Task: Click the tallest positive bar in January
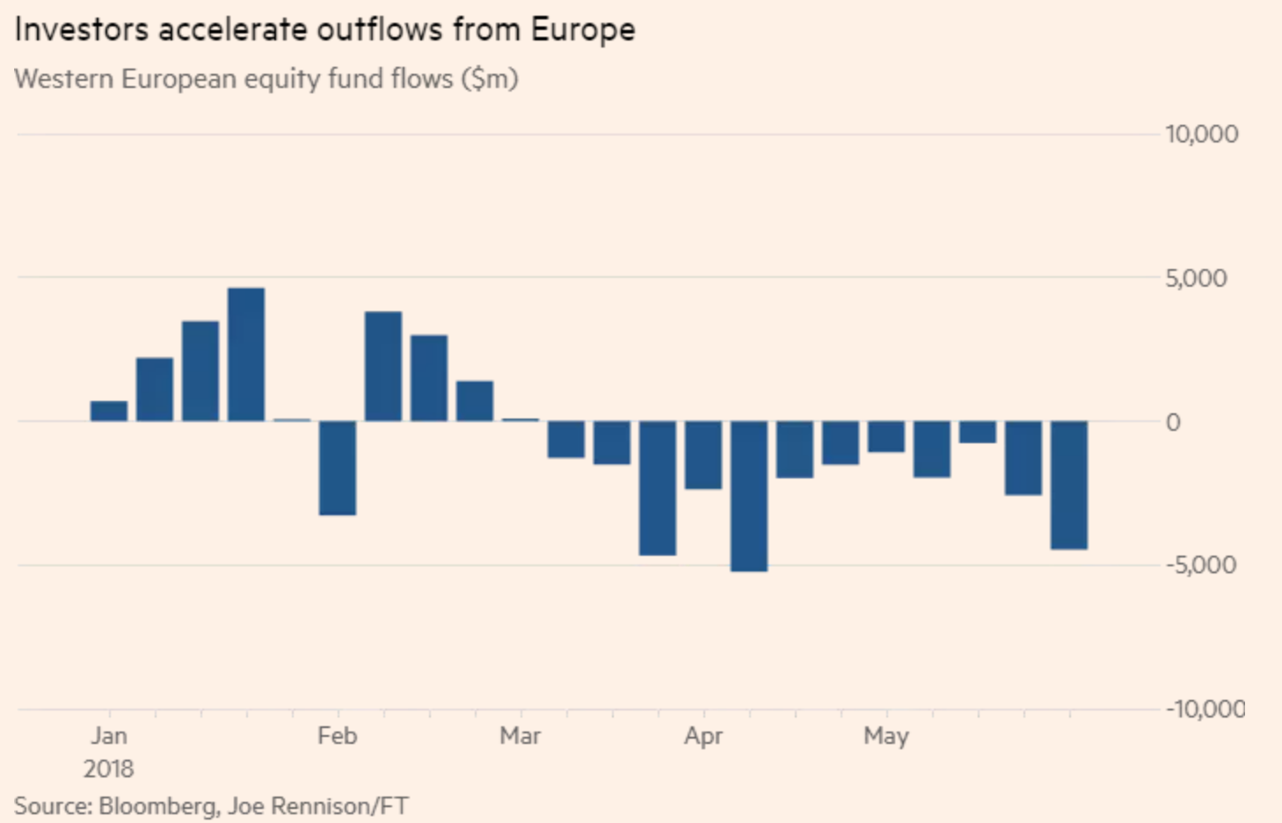pos(246,355)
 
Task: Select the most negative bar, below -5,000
pos(749,496)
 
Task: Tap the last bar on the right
pos(1069,485)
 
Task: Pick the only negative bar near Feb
pos(338,468)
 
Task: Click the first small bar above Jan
pos(109,411)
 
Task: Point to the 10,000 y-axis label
pos(1201,135)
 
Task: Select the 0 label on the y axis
pos(1173,423)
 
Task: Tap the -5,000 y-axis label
pos(1200,564)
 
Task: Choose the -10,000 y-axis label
pos(1205,709)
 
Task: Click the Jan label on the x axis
pos(109,736)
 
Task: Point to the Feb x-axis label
pos(338,736)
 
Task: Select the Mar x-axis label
pos(521,736)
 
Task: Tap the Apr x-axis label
pos(703,736)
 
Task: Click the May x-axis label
pos(886,736)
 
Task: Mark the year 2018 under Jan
pos(109,769)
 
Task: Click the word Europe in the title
pos(582,30)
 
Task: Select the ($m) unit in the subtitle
pos(490,79)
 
